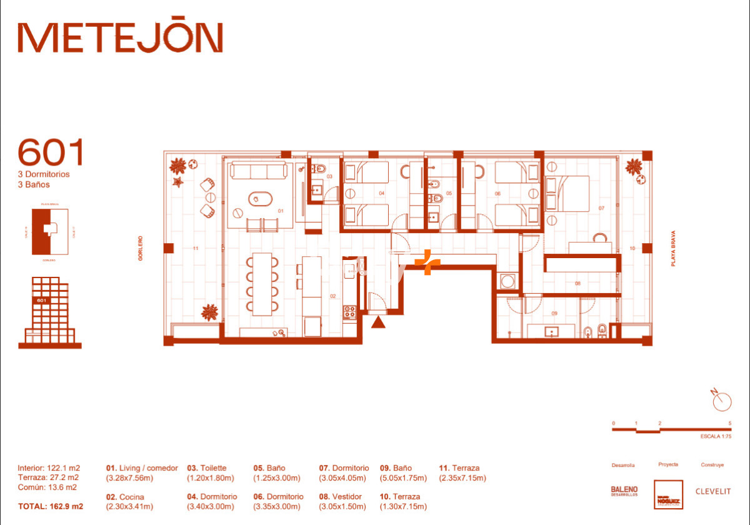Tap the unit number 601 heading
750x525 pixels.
click(x=50, y=152)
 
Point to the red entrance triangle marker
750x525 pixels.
click(x=378, y=322)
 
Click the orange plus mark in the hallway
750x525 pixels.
click(x=427, y=262)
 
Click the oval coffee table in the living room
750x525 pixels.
click(x=260, y=199)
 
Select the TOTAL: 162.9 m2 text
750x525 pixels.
click(x=51, y=506)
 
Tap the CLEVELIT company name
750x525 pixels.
click(x=713, y=491)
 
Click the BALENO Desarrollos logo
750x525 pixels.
click(x=624, y=491)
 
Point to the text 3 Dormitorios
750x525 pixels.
click(x=44, y=174)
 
